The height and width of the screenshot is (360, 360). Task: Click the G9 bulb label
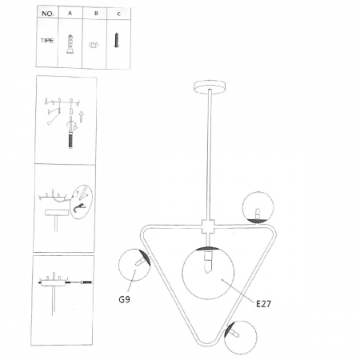124,299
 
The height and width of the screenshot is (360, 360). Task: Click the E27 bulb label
263,304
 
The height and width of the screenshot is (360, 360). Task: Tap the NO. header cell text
47,14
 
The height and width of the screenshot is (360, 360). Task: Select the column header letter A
70,13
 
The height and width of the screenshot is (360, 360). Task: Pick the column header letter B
96,13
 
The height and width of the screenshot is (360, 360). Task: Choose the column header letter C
119,14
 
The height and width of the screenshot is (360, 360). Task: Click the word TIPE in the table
47,41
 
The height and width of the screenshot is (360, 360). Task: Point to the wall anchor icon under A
70,44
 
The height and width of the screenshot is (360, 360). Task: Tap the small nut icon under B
94,45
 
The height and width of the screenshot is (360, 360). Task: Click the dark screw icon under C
116,40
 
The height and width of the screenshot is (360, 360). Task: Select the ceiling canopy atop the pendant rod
210,86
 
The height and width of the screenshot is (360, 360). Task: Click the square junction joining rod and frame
208,226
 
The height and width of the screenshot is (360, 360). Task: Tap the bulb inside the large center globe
208,262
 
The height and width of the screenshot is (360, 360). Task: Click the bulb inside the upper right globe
258,214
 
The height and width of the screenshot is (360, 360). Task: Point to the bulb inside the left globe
140,262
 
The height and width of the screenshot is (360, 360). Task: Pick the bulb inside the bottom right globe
234,333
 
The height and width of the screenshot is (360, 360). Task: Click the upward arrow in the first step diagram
81,117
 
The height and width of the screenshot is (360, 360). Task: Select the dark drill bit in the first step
70,141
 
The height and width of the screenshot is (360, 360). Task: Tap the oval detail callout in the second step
82,202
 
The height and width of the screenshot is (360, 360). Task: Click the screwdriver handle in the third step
87,282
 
